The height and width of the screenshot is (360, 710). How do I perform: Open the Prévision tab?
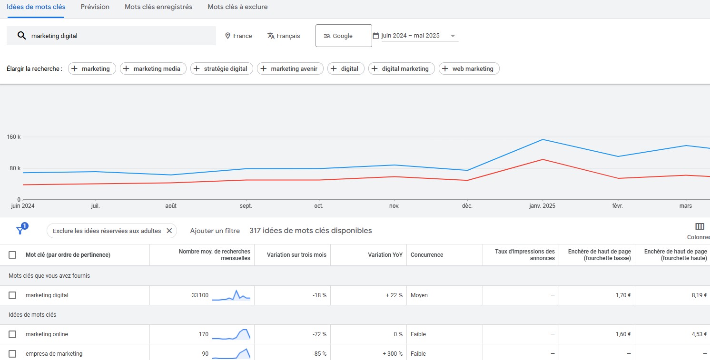pyautogui.click(x=95, y=7)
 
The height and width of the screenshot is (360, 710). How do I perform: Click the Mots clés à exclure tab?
pyautogui.click(x=237, y=7)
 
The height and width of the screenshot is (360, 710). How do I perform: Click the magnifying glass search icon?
pyautogui.click(x=21, y=36)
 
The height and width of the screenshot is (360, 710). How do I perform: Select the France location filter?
pyautogui.click(x=238, y=36)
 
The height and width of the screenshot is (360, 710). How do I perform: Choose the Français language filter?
pyautogui.click(x=284, y=36)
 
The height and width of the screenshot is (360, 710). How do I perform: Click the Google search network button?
pyautogui.click(x=343, y=36)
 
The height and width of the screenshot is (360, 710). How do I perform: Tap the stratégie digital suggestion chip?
pyautogui.click(x=222, y=68)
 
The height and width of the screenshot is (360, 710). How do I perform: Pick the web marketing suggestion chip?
pyautogui.click(x=469, y=68)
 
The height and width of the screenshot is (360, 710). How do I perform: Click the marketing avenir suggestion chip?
pyautogui.click(x=290, y=68)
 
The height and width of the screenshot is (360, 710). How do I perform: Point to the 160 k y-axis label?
pyautogui.click(x=14, y=137)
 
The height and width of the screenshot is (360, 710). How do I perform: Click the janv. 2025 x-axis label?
pyautogui.click(x=542, y=206)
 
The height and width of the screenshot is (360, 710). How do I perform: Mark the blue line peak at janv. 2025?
pyautogui.click(x=543, y=139)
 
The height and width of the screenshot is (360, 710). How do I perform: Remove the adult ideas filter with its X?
pyautogui.click(x=169, y=231)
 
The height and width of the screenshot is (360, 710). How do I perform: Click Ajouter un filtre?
pyautogui.click(x=215, y=231)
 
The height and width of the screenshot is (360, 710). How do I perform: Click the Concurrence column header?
pyautogui.click(x=426, y=255)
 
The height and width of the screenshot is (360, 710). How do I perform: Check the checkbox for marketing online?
pyautogui.click(x=12, y=334)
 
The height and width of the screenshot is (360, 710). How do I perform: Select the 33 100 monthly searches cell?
pyautogui.click(x=200, y=295)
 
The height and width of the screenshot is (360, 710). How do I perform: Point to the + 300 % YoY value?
pyautogui.click(x=393, y=354)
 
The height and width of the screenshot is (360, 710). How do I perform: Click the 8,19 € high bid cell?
pyautogui.click(x=699, y=295)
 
